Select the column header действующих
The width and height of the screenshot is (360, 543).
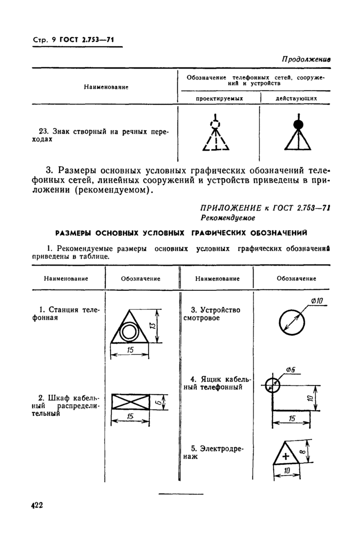point(296,98)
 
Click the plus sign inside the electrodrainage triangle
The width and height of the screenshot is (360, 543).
point(286,455)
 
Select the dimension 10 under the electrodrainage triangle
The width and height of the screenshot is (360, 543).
point(287,470)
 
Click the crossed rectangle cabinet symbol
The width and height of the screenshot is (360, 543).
point(130,402)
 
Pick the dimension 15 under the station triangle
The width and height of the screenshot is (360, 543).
point(130,351)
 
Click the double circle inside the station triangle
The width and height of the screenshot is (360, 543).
point(130,333)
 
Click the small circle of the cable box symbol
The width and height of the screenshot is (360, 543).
point(274,384)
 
